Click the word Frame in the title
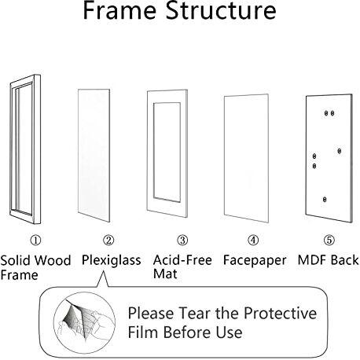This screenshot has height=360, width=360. pyautogui.click(x=119, y=10)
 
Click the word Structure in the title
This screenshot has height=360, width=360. pyautogui.click(x=221, y=10)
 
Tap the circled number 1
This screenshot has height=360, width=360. pyautogui.click(x=35, y=240)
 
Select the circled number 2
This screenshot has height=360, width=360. pyautogui.click(x=108, y=240)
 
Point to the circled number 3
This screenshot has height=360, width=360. pyautogui.click(x=182, y=240)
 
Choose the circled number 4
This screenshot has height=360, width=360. pyautogui.click(x=253, y=240)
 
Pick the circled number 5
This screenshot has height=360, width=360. pyautogui.click(x=329, y=240)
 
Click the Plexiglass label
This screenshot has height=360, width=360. pyautogui.click(x=112, y=261)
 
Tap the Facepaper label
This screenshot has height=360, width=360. pyautogui.click(x=255, y=261)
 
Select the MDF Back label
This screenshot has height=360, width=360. pyautogui.click(x=329, y=260)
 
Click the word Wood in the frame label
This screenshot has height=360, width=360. pyautogui.click(x=53, y=260)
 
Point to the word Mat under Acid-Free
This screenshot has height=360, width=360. pyautogui.click(x=165, y=274)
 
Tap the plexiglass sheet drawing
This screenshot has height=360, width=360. pyautogui.click(x=94, y=155)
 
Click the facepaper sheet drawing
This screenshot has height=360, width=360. pyautogui.click(x=246, y=158)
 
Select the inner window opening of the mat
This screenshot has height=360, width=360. pyautogui.click(x=167, y=152)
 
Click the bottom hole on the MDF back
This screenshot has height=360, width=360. pyautogui.click(x=325, y=200)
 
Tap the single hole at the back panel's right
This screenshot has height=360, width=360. pyautogui.click(x=340, y=151)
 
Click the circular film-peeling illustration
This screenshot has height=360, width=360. pyautogui.click(x=85, y=321)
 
